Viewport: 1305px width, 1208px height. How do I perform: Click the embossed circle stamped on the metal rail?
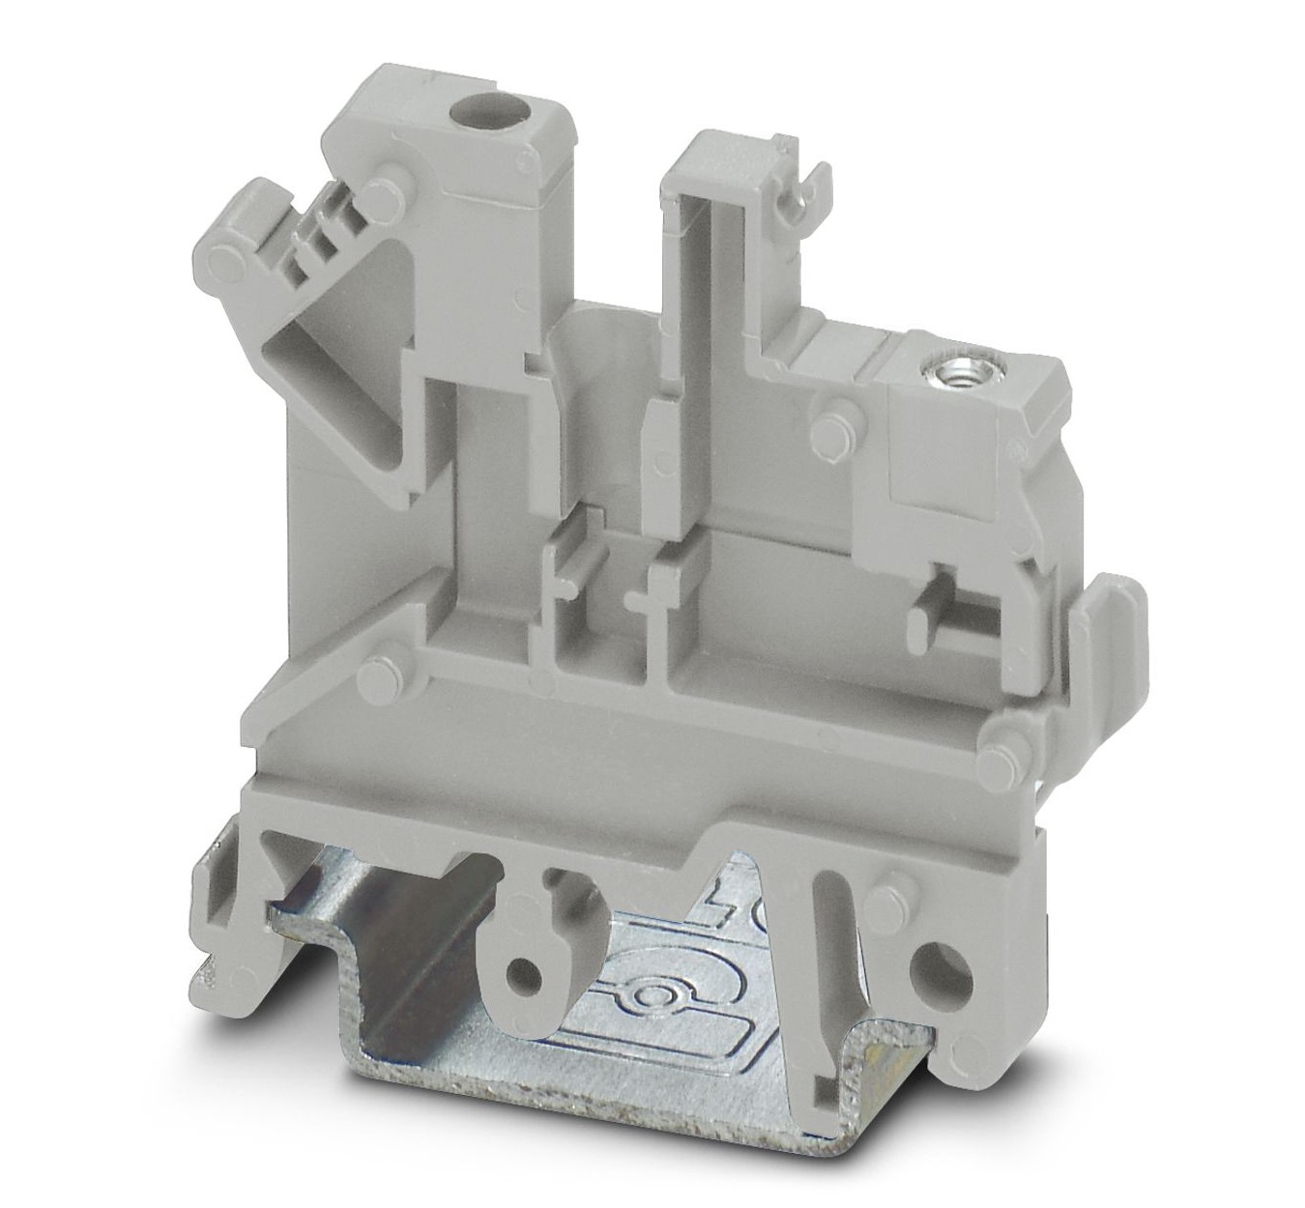pyautogui.click(x=646, y=997)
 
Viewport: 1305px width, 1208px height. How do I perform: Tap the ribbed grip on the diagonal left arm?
pyautogui.click(x=307, y=243)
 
